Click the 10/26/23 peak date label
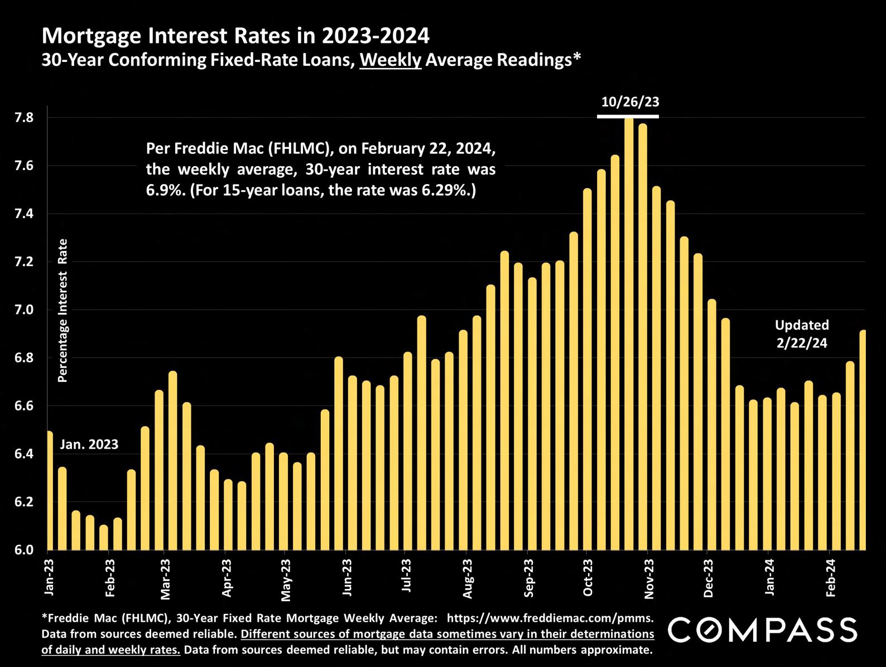(630, 101)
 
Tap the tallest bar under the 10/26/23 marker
(629, 335)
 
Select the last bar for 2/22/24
(863, 441)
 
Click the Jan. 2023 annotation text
(89, 444)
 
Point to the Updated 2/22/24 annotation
(802, 333)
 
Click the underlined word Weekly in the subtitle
(390, 60)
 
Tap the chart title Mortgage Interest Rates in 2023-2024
(235, 36)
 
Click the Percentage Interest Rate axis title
(63, 310)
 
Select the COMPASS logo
(762, 630)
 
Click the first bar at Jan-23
(49, 491)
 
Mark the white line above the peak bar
(628, 117)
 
